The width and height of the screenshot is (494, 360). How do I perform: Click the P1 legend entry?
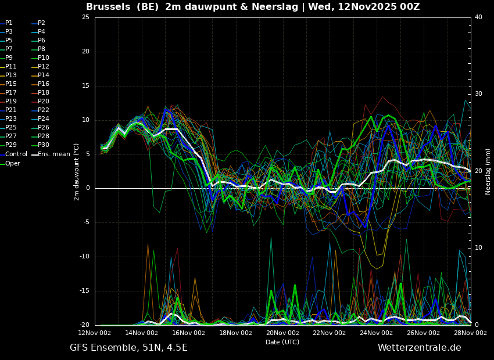coord(9,23)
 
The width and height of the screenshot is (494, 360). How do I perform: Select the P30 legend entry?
coord(44,145)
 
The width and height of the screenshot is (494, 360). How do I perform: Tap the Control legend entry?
coord(16,154)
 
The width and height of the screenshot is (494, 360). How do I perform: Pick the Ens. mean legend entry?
coord(53,154)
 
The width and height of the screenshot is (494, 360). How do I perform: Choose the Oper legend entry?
coord(12,164)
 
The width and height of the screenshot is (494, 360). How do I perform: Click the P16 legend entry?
coord(44,84)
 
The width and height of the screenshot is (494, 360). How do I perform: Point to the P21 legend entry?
coord(11,110)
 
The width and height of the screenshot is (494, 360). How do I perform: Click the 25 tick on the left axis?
coord(85,17)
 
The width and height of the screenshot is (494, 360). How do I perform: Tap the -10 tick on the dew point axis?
coord(84,257)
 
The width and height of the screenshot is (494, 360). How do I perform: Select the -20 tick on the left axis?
coord(84,325)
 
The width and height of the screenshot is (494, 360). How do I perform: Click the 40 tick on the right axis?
coord(478,17)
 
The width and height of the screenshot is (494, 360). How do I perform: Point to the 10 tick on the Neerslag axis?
coord(478,248)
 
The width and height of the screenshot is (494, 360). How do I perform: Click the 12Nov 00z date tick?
coord(95,333)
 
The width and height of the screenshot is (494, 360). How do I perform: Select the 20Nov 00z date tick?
coord(282,333)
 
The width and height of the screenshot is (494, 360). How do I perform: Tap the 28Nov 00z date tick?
coord(470,333)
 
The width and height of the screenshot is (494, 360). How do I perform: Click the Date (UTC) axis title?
coord(282,342)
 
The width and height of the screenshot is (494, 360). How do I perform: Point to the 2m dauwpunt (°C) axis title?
coord(77,171)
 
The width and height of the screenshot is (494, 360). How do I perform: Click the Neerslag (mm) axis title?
coord(488,171)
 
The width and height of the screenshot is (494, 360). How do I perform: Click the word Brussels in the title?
coord(107,7)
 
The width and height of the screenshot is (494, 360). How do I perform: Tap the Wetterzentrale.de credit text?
coord(419,348)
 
